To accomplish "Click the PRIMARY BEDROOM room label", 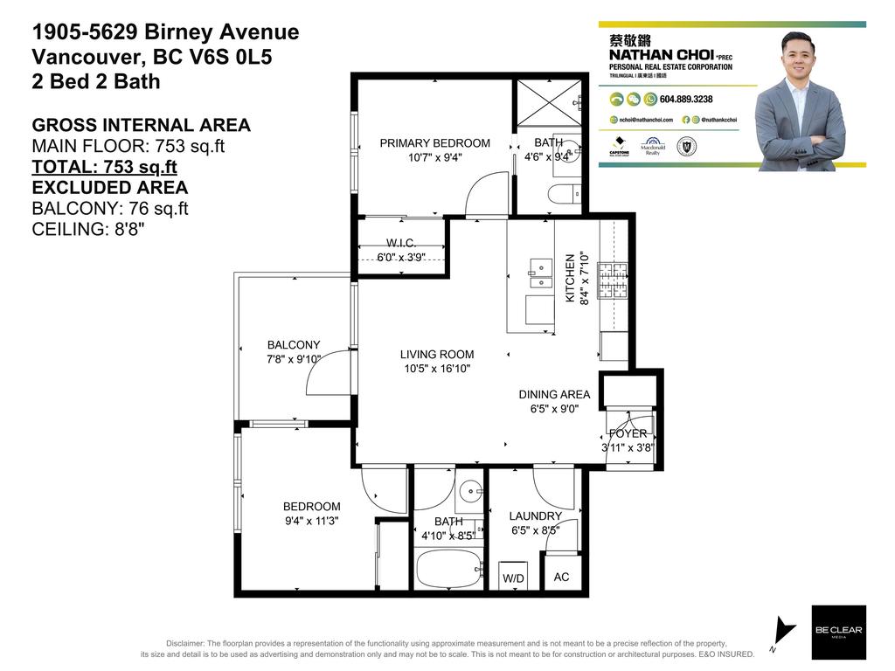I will click(434, 143).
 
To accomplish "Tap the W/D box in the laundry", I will click(512, 578).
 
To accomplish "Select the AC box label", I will click(562, 578).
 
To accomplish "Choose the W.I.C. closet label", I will click(400, 243).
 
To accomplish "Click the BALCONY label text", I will click(294, 345).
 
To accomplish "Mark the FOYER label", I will click(628, 433).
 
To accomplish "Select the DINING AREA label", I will click(554, 395).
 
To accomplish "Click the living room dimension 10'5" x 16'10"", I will click(437, 369).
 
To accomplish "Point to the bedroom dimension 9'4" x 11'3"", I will click(311, 520).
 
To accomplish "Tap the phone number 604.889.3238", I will click(686, 100).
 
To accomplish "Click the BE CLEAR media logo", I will click(838, 632).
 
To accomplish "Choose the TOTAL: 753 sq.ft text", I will click(104, 167).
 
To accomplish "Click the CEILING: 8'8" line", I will click(87, 230).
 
